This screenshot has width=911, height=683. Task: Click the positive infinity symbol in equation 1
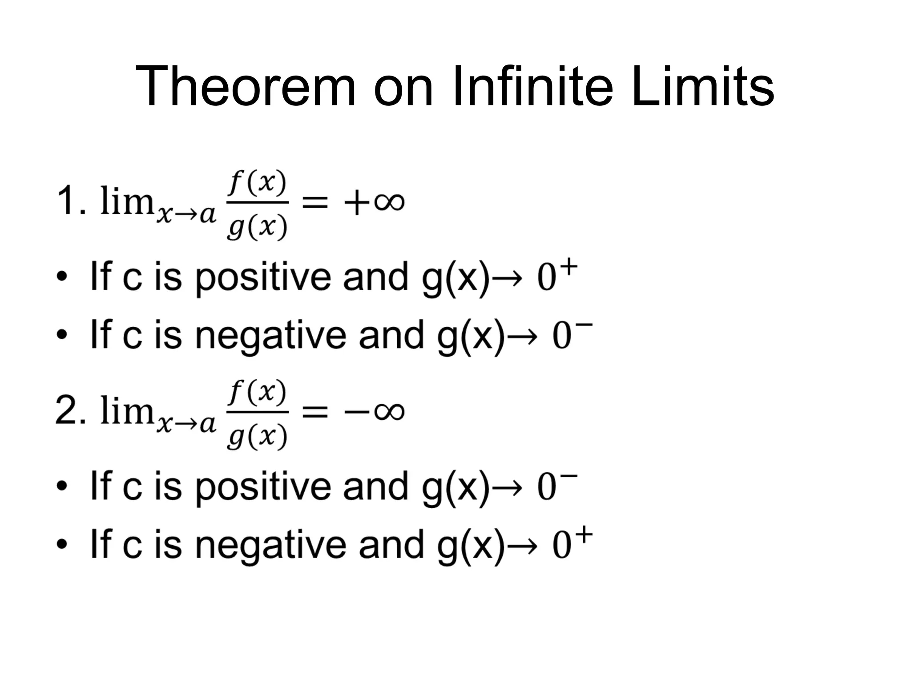point(389,202)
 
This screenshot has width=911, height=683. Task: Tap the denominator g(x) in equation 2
point(257,436)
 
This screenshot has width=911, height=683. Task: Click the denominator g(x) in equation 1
point(257,227)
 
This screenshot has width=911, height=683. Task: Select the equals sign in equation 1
point(315,203)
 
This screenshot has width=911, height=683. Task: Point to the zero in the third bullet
point(547,488)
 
